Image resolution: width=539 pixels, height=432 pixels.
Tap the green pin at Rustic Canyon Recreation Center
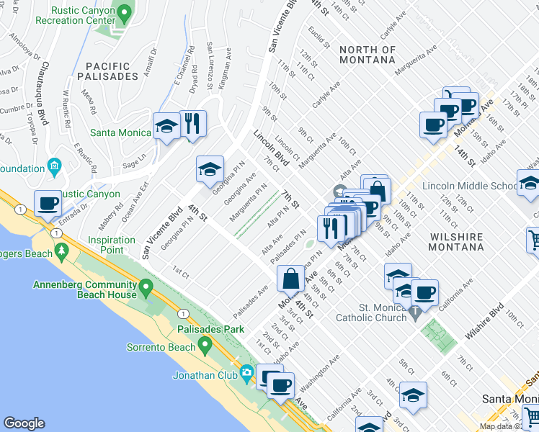coord(125,13)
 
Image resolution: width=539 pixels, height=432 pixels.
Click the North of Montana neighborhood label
coord(367,55)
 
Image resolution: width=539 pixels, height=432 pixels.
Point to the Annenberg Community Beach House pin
coord(146,289)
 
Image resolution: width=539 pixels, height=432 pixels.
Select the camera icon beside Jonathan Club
coord(247,373)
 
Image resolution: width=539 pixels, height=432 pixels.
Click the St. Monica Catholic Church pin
coord(415,313)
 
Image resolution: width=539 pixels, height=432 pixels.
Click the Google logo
coord(24,423)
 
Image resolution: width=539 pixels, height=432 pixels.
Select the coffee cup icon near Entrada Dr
coord(48,204)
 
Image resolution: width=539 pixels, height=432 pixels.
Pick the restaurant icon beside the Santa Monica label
coord(192,123)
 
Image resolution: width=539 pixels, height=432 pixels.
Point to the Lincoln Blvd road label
coord(271,148)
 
